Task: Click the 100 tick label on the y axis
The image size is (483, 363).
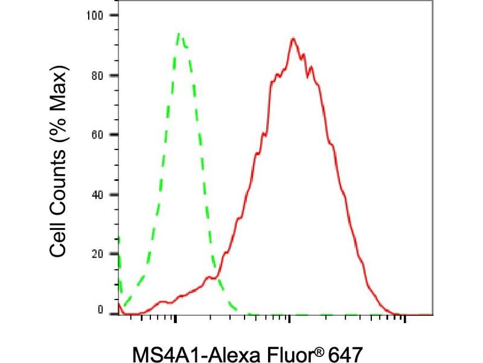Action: click(95, 15)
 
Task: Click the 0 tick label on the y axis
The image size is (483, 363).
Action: click(100, 310)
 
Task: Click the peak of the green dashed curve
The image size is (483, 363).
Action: click(179, 33)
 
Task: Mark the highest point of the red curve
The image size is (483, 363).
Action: click(293, 38)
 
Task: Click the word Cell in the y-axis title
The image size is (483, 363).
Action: click(58, 238)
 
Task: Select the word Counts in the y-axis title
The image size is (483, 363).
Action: click(58, 180)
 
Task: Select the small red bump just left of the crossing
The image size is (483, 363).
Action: click(209, 278)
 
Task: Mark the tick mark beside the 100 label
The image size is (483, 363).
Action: click(114, 15)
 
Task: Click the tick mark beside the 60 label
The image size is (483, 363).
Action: click(114, 134)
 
